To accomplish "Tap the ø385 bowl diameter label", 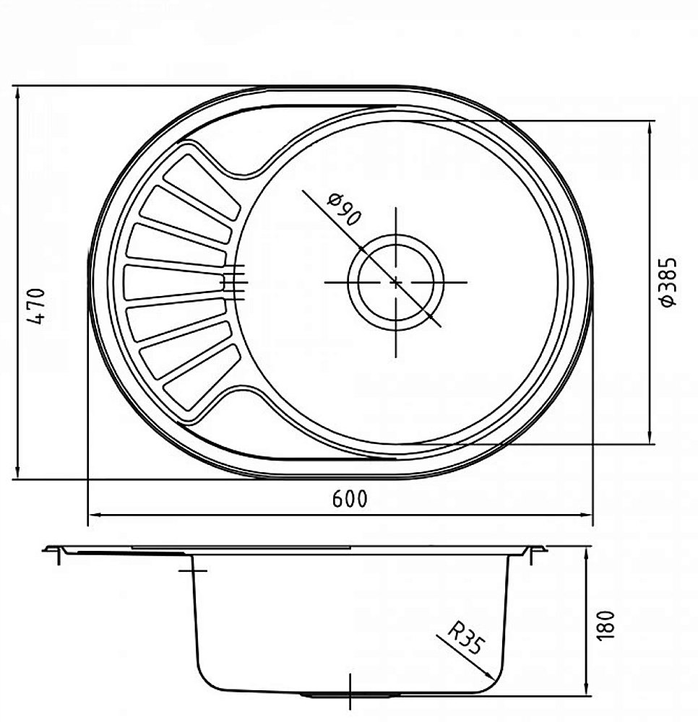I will tap(669, 282).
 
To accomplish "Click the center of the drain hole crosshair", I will tap(396, 281).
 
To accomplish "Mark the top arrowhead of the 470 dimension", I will tap(17, 92).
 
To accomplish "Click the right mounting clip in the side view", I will tap(534, 554).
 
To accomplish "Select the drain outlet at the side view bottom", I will tap(350, 695).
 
